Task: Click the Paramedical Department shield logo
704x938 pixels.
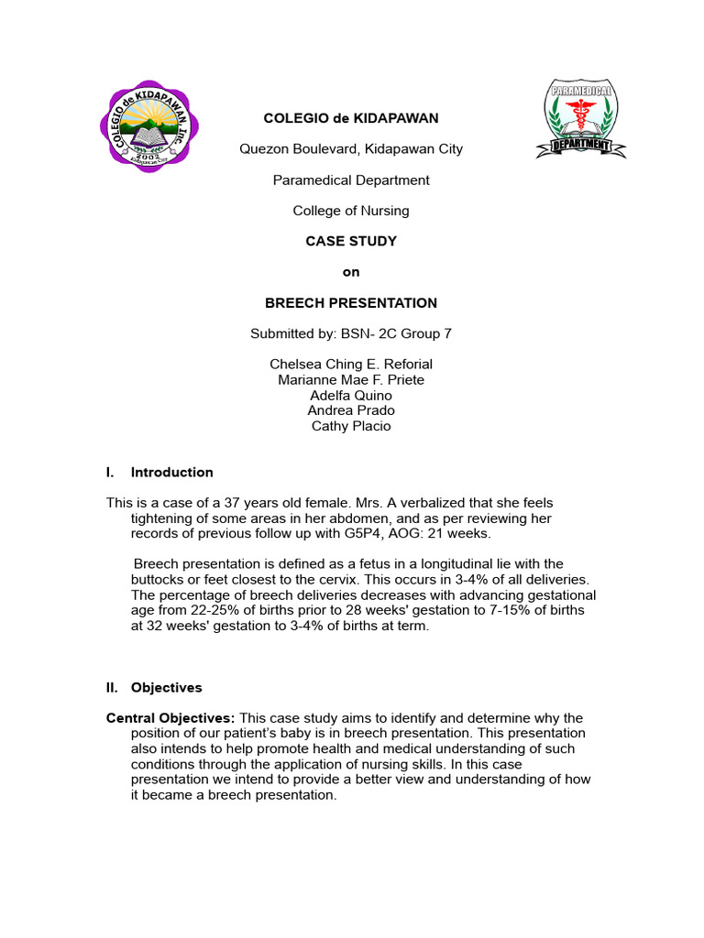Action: pyautogui.click(x=580, y=119)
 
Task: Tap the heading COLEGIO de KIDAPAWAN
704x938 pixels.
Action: pyautogui.click(x=351, y=118)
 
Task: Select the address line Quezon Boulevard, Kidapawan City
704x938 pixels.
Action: pyautogui.click(x=351, y=148)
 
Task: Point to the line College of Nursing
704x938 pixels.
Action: pyautogui.click(x=351, y=211)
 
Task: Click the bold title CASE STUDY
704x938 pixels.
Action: pyautogui.click(x=351, y=242)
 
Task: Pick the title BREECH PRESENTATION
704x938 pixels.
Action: pyautogui.click(x=351, y=303)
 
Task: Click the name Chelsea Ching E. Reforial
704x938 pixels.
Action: pyautogui.click(x=351, y=365)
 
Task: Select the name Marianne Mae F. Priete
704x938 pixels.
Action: pyautogui.click(x=351, y=380)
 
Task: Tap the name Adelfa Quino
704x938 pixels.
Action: pyautogui.click(x=351, y=396)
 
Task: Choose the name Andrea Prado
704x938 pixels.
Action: pyautogui.click(x=351, y=410)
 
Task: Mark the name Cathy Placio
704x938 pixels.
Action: pyautogui.click(x=351, y=426)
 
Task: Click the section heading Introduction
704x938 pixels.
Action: pyautogui.click(x=172, y=473)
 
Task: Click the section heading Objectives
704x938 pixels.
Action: pyautogui.click(x=167, y=687)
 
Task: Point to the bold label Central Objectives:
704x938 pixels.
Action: pyautogui.click(x=170, y=718)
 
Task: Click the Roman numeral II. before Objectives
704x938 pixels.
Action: pyautogui.click(x=112, y=687)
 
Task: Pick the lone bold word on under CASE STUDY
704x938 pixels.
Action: pyautogui.click(x=351, y=272)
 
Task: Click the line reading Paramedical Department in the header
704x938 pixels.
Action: pyautogui.click(x=351, y=180)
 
